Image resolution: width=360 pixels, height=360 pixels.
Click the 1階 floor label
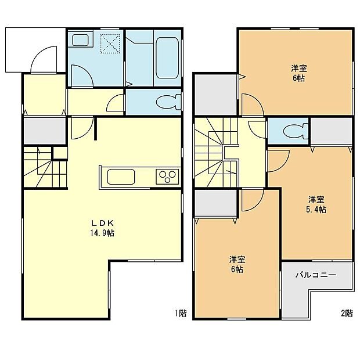pos(181,313)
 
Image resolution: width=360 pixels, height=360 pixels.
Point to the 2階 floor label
pos(346,313)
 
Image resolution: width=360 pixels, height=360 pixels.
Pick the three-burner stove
pos(167,176)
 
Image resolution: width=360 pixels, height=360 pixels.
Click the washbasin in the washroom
pos(79,41)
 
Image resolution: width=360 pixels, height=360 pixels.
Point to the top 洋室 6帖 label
pos(299,73)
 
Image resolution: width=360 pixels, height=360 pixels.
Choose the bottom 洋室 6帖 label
pos(235,264)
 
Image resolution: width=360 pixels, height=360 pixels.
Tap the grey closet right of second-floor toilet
pos(331,131)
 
